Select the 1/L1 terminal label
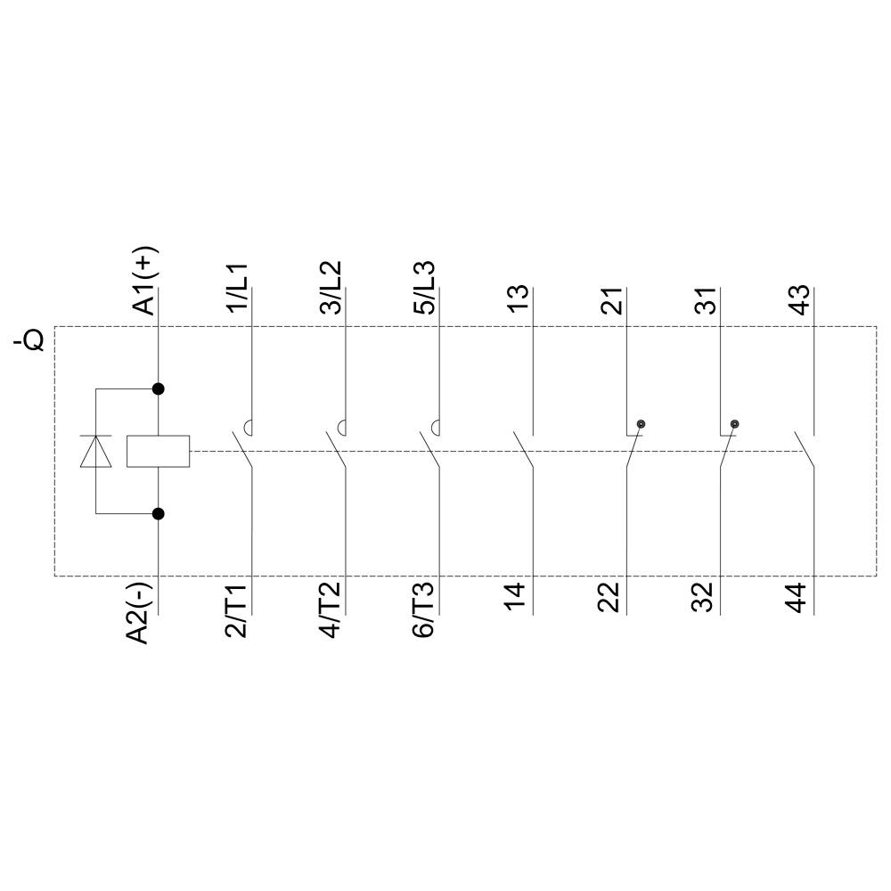(x=239, y=287)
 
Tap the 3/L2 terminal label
(x=331, y=287)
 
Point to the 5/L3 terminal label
(x=425, y=287)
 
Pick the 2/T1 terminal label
(x=238, y=611)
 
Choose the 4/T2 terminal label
(x=331, y=611)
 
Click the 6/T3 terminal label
(x=425, y=611)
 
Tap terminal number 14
(x=519, y=598)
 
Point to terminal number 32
(x=705, y=598)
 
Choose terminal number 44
(x=799, y=598)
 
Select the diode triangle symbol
(x=96, y=452)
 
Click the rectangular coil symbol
(x=158, y=452)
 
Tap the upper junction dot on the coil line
(x=159, y=388)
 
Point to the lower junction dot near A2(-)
(x=159, y=513)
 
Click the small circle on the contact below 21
(x=641, y=424)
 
